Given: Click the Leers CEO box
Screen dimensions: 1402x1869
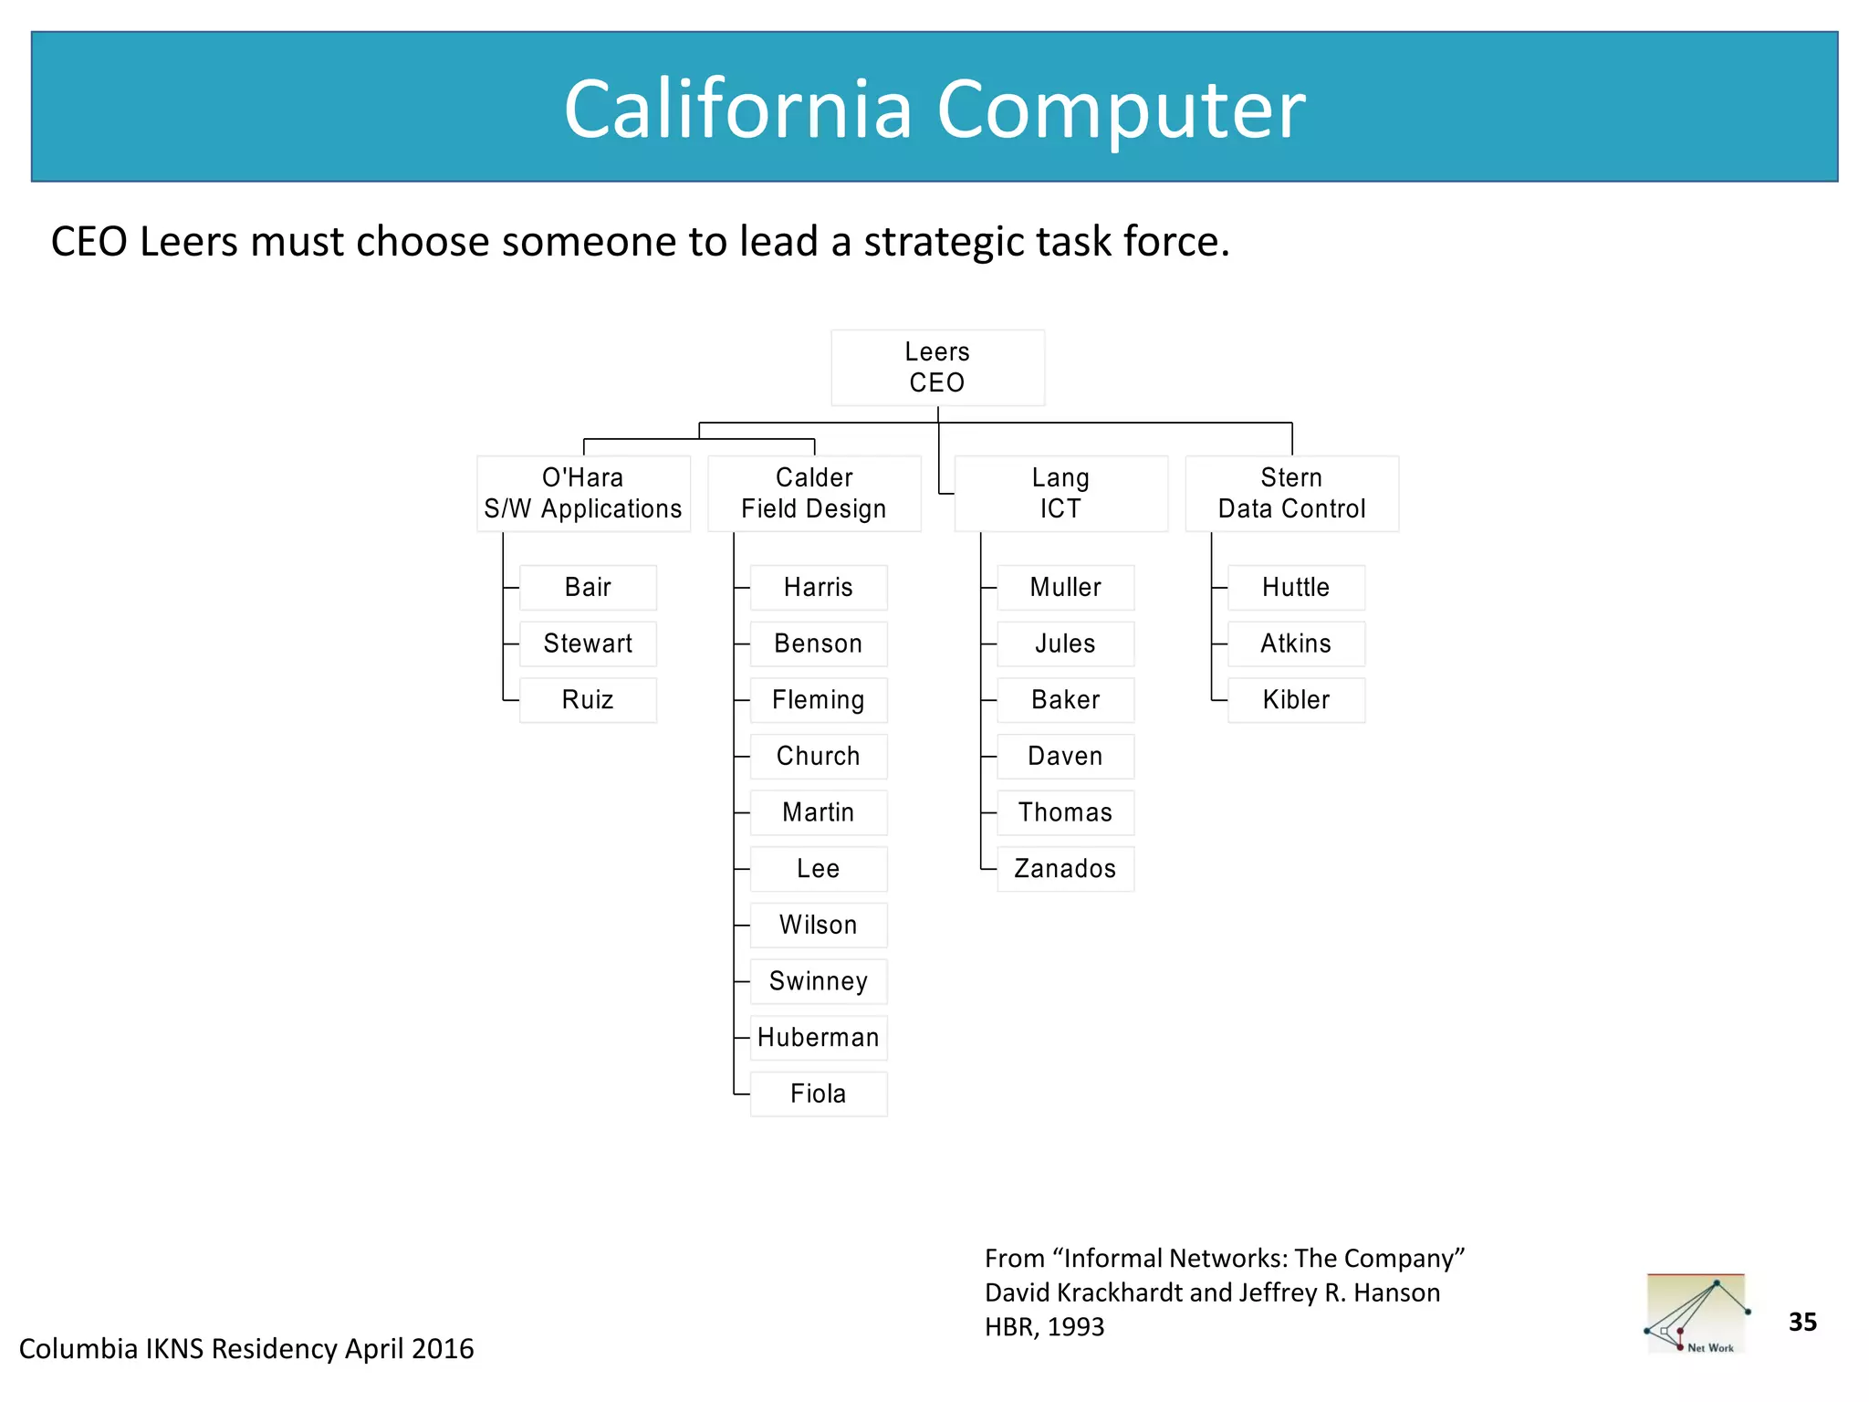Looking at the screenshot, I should [x=937, y=368].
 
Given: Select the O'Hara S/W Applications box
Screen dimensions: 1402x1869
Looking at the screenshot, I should [x=583, y=494].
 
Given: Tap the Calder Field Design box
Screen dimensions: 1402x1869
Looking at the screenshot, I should [x=814, y=494].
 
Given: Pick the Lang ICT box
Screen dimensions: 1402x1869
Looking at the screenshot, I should [x=1060, y=494].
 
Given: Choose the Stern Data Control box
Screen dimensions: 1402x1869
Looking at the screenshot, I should [x=1291, y=494].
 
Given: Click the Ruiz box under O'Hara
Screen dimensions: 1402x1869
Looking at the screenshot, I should [x=588, y=700].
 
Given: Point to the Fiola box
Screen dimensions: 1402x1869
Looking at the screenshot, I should [x=818, y=1093].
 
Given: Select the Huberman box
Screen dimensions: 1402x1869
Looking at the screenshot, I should [x=818, y=1038].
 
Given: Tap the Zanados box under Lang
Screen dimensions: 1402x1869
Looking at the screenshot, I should [x=1065, y=869].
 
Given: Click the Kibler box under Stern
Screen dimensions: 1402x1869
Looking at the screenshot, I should [x=1296, y=700].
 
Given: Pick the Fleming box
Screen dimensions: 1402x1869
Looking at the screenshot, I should [x=818, y=700].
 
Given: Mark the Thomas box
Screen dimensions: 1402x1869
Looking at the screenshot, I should [x=1065, y=812].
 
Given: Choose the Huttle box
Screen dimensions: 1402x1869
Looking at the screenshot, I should [x=1296, y=588].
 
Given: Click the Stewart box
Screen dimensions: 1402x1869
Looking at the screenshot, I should [x=588, y=643].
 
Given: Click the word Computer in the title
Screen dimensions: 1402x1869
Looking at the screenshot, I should [x=1121, y=110].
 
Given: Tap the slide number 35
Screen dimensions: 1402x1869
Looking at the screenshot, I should [x=1802, y=1322].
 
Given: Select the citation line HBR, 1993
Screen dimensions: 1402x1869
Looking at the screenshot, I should [x=1044, y=1327].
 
